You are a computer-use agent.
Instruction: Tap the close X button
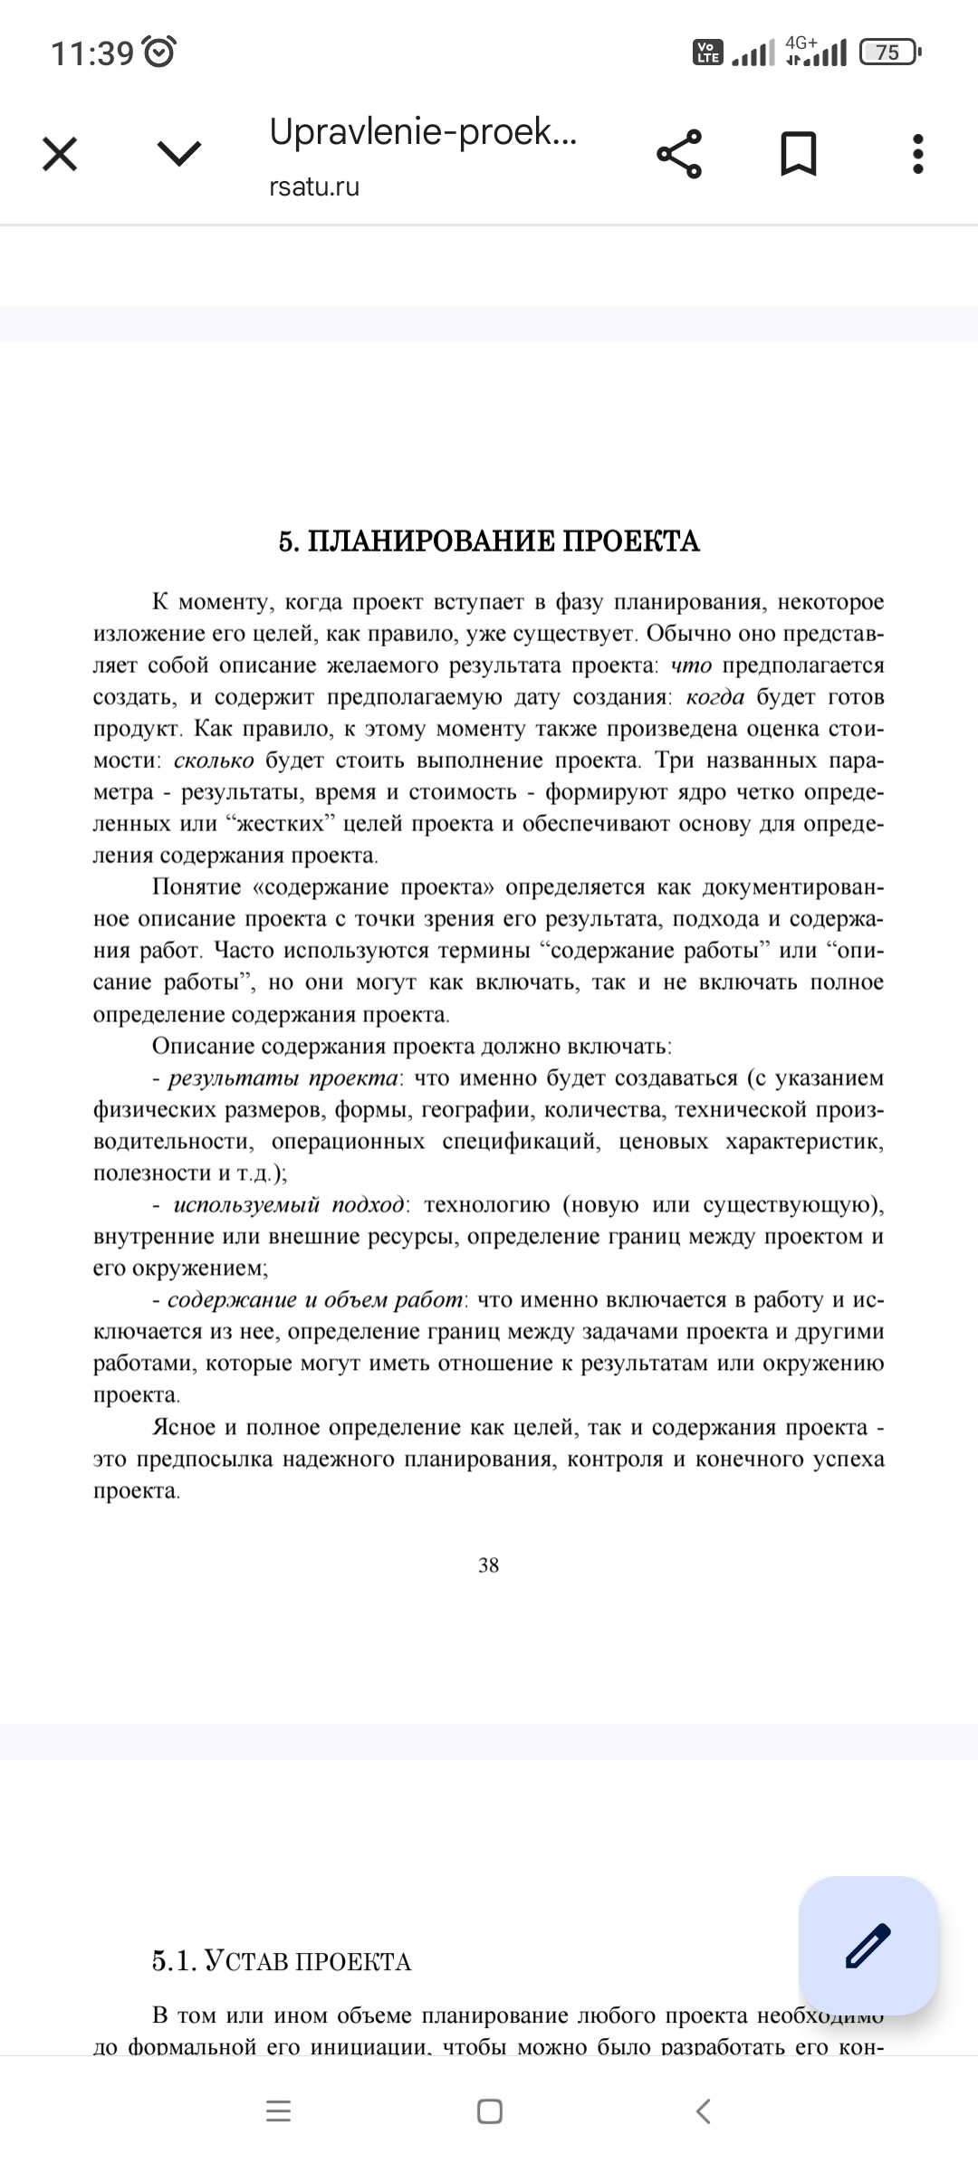60,154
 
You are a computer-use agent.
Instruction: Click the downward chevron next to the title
179,154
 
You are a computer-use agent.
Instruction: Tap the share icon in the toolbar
679,154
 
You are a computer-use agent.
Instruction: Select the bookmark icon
799,154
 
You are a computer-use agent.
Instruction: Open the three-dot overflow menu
918,154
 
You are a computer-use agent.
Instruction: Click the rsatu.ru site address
314,187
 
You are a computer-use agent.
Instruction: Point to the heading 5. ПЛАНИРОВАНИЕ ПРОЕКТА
489,541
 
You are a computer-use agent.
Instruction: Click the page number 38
489,1565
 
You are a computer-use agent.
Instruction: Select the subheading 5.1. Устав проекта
282,1961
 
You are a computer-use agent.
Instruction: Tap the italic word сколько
214,761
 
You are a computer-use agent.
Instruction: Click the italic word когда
715,697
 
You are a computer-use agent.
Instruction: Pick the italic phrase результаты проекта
283,1078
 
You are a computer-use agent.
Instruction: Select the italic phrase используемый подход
289,1205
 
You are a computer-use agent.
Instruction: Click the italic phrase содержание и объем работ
316,1300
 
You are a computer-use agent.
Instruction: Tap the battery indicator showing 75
889,53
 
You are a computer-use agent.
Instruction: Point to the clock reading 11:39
92,53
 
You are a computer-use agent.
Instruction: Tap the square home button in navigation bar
489,2111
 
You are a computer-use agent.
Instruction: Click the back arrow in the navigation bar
703,2111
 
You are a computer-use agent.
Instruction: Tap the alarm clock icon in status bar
161,53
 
